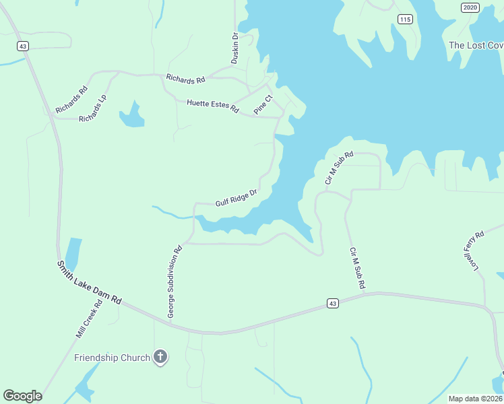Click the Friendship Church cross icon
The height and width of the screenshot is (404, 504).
click(160, 357)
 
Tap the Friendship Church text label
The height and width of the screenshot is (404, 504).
click(112, 358)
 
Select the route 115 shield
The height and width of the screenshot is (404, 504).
click(404, 19)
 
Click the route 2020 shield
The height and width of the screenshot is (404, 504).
click(470, 7)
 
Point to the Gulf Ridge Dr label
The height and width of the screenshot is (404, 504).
click(237, 198)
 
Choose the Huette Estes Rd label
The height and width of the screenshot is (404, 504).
click(213, 105)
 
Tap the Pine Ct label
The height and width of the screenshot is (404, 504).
click(263, 104)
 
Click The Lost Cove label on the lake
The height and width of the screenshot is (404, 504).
click(476, 45)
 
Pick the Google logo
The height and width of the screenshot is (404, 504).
click(22, 396)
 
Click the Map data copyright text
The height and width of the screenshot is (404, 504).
click(474, 399)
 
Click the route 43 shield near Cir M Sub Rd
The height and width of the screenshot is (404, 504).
click(333, 304)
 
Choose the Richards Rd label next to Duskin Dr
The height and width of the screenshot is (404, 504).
click(185, 79)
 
